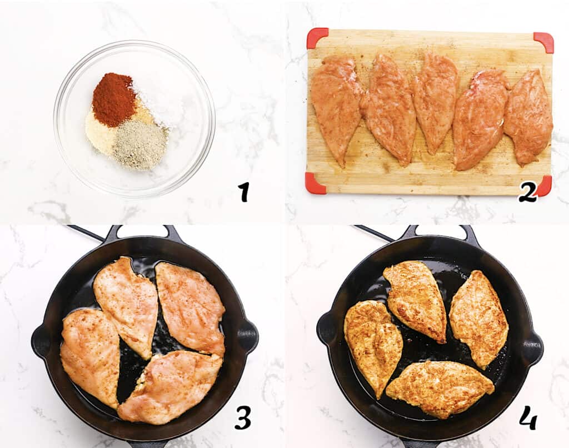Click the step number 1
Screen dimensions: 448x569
[x=243, y=192]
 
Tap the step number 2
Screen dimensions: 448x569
[x=527, y=192]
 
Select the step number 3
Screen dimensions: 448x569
[x=243, y=417]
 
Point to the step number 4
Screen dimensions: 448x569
[x=528, y=417]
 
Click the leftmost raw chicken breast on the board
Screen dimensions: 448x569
[x=336, y=105]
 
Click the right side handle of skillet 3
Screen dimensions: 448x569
[x=247, y=335]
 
